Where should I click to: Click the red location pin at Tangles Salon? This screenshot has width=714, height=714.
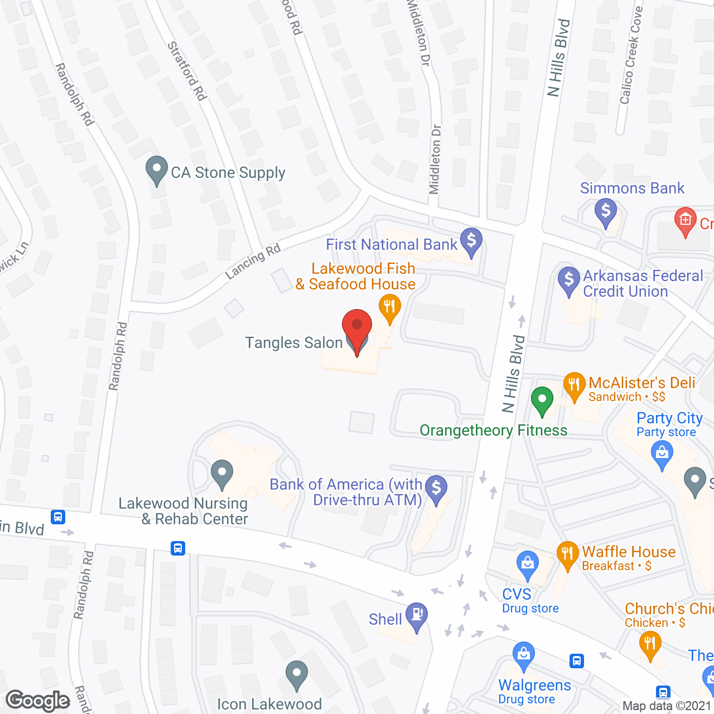point(356,326)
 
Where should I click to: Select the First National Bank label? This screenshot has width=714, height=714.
point(392,244)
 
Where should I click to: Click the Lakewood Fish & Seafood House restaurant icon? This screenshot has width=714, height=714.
point(390,307)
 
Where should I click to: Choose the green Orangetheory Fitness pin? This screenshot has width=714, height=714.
point(542,399)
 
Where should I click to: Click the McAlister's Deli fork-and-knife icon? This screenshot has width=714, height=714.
point(574,385)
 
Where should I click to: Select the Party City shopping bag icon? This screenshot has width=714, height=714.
point(662,453)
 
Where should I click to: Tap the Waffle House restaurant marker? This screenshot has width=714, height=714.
point(567,554)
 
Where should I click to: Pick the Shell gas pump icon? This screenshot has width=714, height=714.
point(417,615)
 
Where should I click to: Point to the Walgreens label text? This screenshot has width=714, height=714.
point(534,685)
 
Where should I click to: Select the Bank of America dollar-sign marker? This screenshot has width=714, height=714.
point(436,488)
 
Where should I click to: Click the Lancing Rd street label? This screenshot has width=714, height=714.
point(253,261)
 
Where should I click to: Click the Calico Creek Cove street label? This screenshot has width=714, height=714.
point(631,56)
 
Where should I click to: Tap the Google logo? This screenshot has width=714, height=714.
point(38,700)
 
